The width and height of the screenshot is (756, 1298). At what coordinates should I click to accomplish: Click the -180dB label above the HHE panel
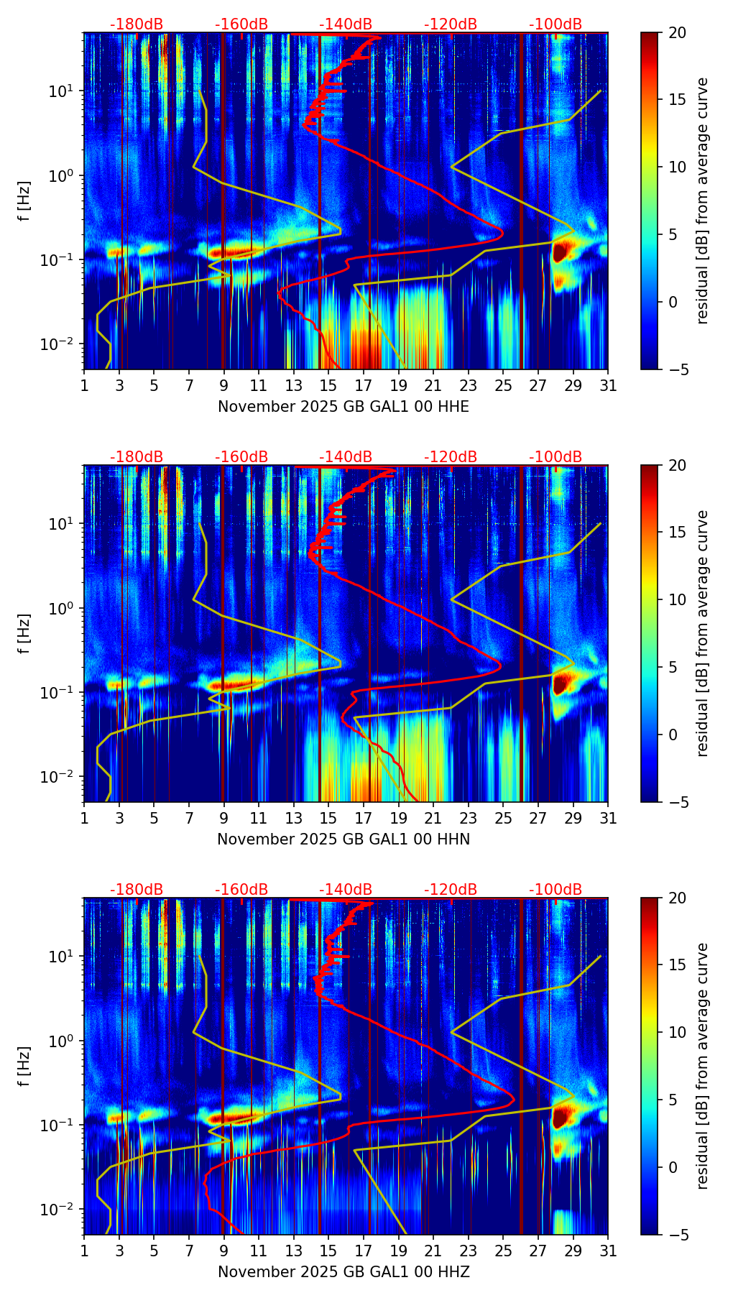click(137, 24)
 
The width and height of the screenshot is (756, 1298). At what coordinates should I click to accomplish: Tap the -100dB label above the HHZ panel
click(556, 890)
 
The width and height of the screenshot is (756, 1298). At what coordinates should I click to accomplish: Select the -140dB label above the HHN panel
click(346, 457)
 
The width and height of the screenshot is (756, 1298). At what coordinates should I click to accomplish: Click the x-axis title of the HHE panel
click(344, 407)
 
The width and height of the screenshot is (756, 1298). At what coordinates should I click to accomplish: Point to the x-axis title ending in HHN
click(344, 839)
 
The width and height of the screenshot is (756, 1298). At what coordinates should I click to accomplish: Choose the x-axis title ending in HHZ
click(344, 1272)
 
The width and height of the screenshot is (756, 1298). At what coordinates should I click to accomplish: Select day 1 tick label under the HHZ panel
click(84, 1251)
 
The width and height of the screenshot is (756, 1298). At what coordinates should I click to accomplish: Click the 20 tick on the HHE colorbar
click(677, 32)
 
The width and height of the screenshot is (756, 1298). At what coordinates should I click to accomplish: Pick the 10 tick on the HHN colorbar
click(677, 599)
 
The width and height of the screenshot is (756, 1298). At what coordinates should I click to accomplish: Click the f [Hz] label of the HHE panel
click(24, 201)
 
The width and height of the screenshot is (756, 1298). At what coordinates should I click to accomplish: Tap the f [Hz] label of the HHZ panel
click(24, 1066)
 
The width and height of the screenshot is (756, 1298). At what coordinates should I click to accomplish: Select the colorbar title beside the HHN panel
click(702, 633)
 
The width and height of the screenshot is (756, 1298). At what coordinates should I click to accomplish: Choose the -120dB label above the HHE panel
click(451, 24)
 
